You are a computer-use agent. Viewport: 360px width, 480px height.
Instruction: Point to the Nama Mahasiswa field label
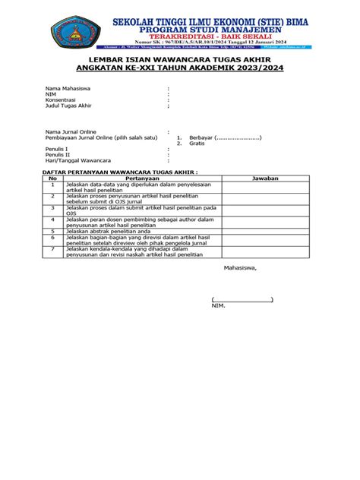[66, 109]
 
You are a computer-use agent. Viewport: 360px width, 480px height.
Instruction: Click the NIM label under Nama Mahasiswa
[51, 115]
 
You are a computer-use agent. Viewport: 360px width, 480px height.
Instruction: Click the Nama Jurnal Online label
[68, 132]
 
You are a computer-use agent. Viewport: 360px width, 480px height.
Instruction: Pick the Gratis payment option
[197, 144]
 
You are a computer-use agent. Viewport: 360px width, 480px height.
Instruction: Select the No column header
[53, 178]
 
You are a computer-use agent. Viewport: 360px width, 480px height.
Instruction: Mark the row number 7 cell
[53, 248]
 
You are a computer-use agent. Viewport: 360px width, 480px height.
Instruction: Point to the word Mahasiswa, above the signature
[240, 268]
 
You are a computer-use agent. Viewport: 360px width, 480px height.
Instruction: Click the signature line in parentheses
[242, 299]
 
